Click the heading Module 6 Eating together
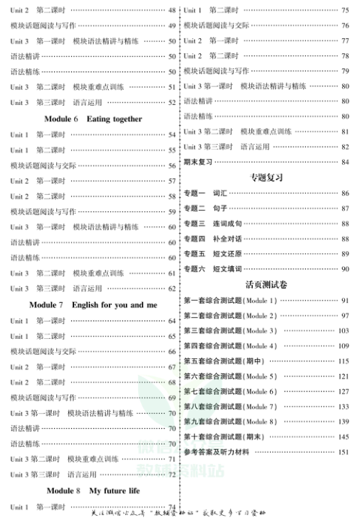pos(92,119)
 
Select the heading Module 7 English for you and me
pos(92,305)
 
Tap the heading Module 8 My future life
pos(92,490)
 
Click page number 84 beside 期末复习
pos(344,162)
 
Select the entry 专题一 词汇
pos(205,193)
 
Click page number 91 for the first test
pos(345,301)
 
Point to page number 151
pos(343,452)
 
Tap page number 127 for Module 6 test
pos(343,391)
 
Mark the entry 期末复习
pos(198,162)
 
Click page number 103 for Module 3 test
pos(343,331)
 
